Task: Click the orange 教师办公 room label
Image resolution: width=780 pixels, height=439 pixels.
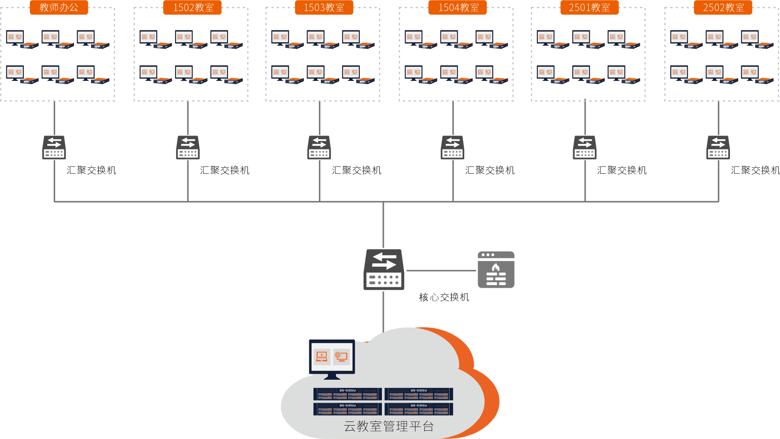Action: click(x=59, y=7)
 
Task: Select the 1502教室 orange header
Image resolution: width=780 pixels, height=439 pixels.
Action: click(x=193, y=7)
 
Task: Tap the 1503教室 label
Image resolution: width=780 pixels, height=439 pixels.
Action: click(x=324, y=7)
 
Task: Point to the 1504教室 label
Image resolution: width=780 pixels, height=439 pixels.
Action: click(x=458, y=7)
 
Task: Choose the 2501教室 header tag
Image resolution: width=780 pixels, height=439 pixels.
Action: click(x=589, y=7)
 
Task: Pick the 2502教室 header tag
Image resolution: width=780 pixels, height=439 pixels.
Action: click(x=723, y=7)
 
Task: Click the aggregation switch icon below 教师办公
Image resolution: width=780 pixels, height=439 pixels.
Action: click(x=54, y=148)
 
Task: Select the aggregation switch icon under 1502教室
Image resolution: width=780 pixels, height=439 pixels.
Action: click(x=188, y=148)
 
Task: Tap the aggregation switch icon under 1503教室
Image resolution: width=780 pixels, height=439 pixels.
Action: click(x=319, y=148)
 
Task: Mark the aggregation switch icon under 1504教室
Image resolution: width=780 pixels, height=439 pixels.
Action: click(x=453, y=148)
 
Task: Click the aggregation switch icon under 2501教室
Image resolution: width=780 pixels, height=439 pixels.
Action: click(x=585, y=148)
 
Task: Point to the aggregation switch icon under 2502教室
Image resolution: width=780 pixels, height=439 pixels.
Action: click(x=718, y=148)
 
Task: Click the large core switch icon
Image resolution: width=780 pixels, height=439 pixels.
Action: click(x=384, y=269)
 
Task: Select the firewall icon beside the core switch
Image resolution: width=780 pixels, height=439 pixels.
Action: click(x=496, y=270)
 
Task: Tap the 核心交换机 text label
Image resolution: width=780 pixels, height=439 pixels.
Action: click(x=444, y=297)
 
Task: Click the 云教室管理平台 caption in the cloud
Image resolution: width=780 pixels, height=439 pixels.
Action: click(x=389, y=427)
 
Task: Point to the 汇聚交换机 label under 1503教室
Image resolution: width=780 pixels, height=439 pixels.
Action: click(x=357, y=171)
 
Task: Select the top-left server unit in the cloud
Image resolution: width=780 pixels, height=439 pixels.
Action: click(x=347, y=394)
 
